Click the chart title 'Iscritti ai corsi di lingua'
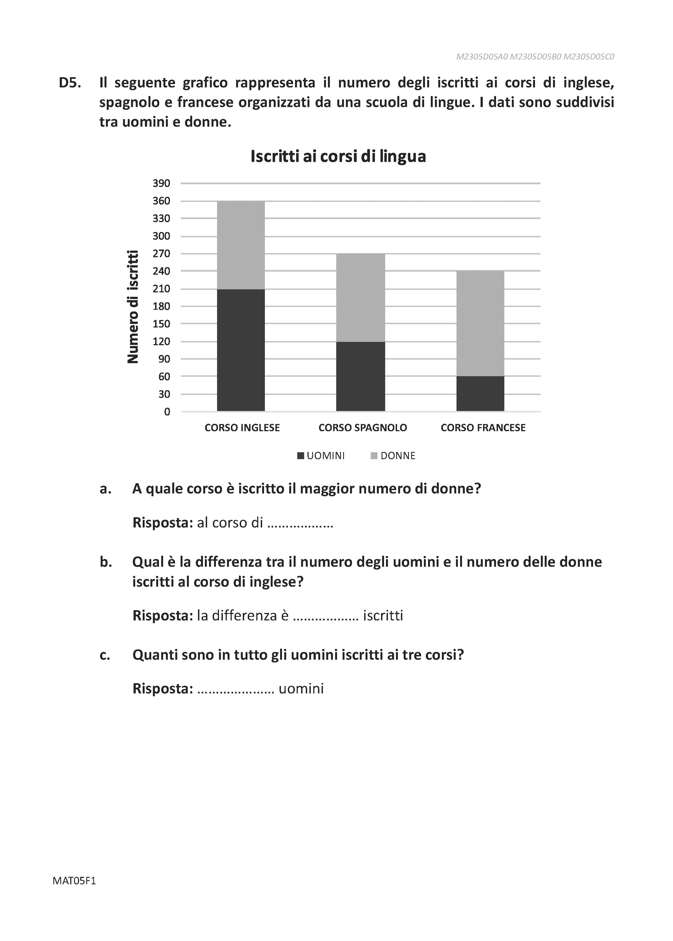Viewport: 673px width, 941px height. pyautogui.click(x=338, y=156)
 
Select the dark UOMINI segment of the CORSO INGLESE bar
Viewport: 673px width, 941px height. pyautogui.click(x=241, y=350)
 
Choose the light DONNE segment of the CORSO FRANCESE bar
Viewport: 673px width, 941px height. pyautogui.click(x=480, y=323)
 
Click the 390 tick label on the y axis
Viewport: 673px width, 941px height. pyautogui.click(x=161, y=183)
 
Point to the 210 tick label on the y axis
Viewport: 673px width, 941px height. pyautogui.click(x=161, y=289)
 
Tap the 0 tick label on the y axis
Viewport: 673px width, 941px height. pyautogui.click(x=167, y=412)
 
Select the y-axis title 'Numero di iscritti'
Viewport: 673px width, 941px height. pyautogui.click(x=133, y=307)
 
